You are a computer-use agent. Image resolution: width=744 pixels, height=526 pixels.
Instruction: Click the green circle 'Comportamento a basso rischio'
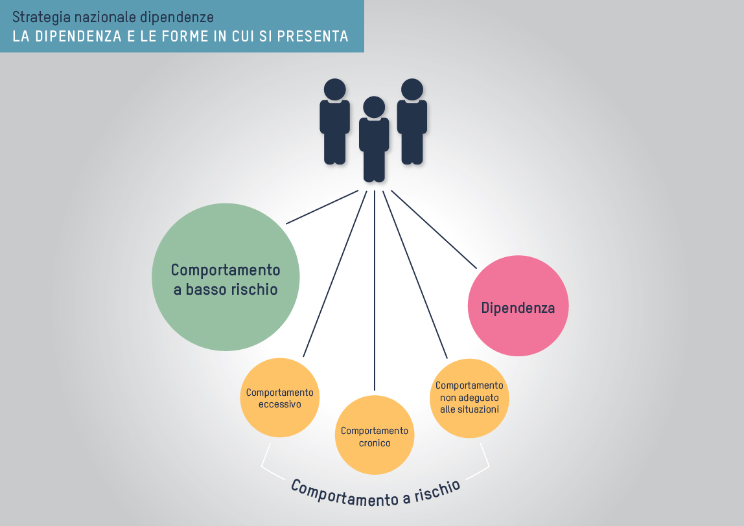[x=226, y=277]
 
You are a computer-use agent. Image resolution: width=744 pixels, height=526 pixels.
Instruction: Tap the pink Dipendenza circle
[x=518, y=306]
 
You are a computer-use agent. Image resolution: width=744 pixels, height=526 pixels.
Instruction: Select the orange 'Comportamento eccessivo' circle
[x=280, y=398]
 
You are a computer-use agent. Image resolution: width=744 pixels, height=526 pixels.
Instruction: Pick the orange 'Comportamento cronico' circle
[x=375, y=435]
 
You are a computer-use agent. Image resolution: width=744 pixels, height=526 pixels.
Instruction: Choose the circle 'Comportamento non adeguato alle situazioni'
[x=469, y=398]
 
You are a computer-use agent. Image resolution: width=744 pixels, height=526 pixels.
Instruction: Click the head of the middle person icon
[x=374, y=107]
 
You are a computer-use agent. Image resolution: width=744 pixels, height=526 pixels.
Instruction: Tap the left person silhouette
[x=334, y=121]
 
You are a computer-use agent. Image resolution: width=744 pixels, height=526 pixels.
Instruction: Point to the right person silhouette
[x=412, y=121]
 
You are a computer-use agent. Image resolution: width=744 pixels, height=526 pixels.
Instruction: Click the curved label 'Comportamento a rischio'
[x=375, y=493]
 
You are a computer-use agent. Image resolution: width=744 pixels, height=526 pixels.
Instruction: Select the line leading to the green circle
[x=322, y=207]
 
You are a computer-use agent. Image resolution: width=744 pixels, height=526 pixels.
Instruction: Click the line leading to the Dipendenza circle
[x=434, y=229]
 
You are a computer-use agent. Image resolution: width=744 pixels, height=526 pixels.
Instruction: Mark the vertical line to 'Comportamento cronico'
[x=375, y=290]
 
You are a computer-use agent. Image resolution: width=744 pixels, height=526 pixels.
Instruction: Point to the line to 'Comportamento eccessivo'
[x=335, y=273]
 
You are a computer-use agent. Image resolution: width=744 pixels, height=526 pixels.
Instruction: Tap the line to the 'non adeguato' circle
[x=415, y=274]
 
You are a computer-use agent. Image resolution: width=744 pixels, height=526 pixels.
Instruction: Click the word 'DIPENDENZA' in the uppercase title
[x=79, y=36]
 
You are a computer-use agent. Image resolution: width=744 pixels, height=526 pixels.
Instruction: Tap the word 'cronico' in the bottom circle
[x=375, y=443]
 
